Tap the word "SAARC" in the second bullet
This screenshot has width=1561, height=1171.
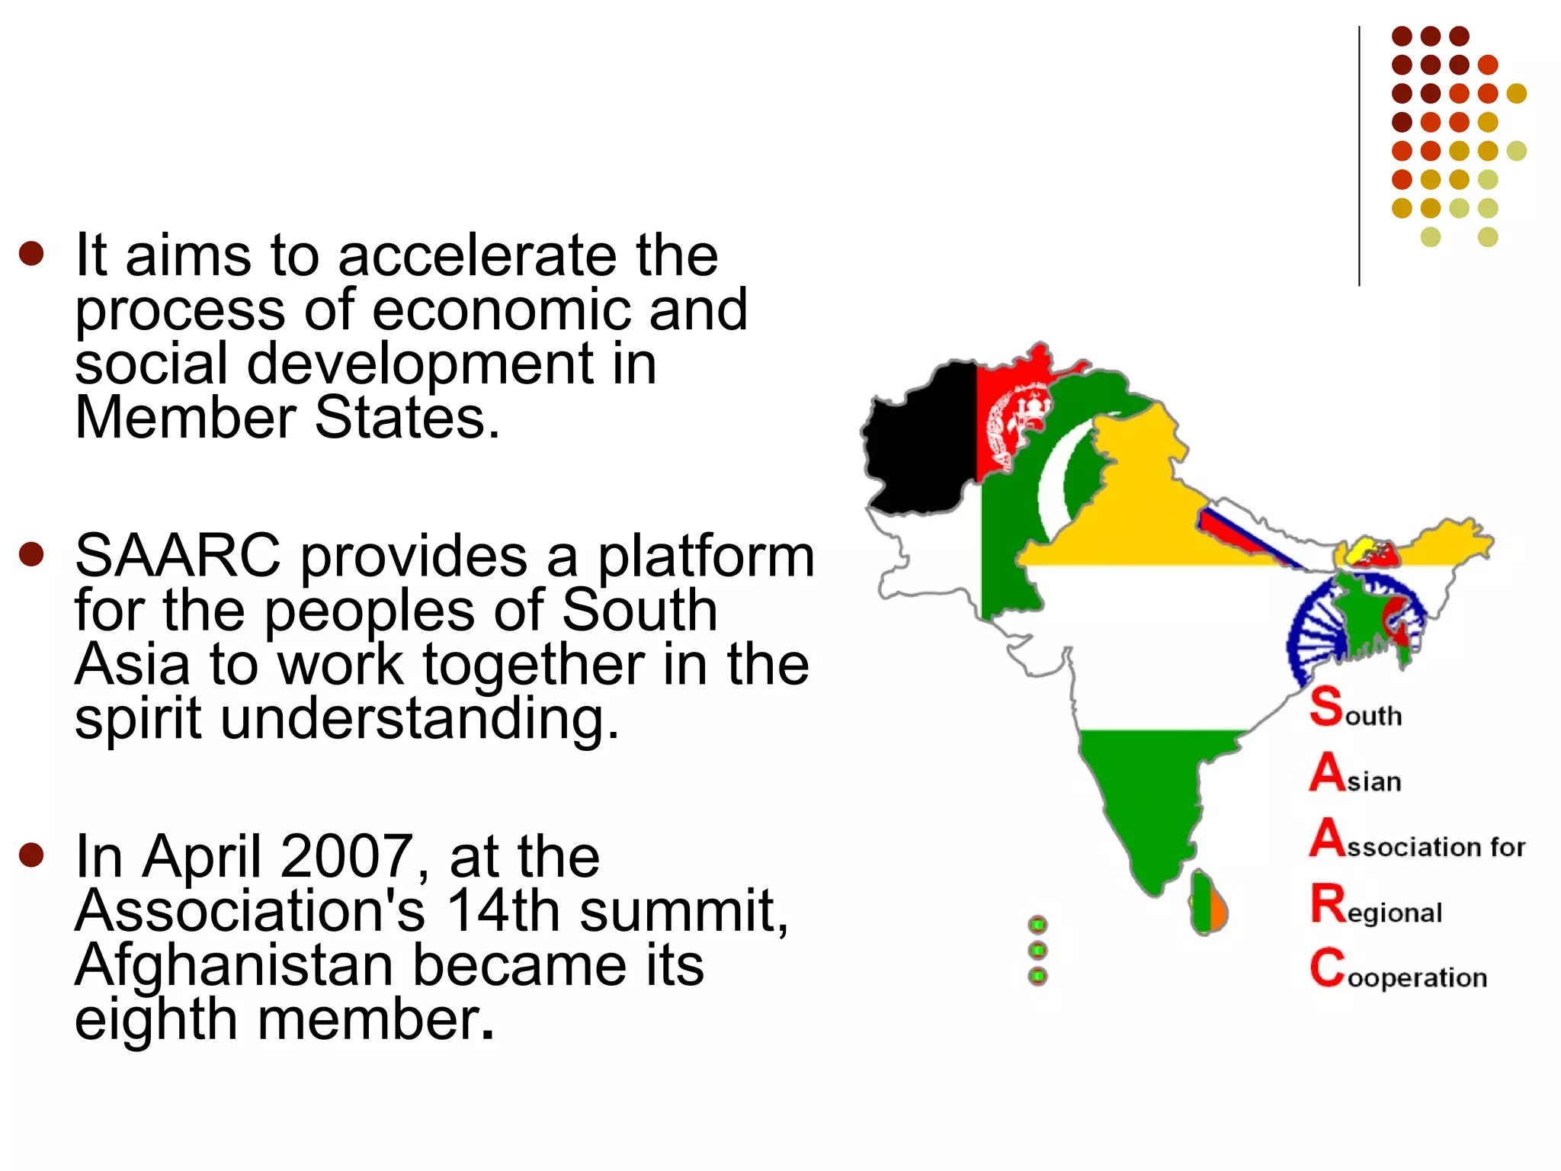tap(178, 557)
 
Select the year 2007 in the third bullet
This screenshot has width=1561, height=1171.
tap(347, 857)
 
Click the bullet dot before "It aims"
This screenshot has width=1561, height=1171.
tap(32, 253)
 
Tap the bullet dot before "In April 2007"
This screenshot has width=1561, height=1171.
tap(32, 855)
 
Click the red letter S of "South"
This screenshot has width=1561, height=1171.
tap(1326, 706)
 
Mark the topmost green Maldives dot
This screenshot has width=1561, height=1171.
tap(1037, 926)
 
